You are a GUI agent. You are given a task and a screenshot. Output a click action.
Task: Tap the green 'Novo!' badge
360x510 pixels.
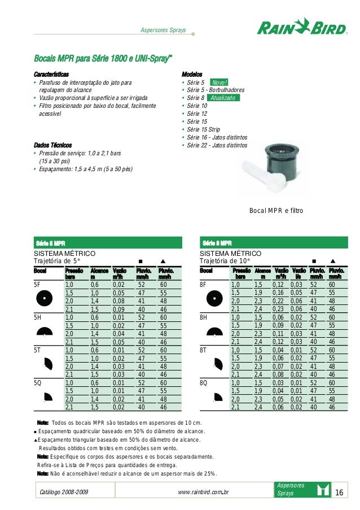tap(220, 82)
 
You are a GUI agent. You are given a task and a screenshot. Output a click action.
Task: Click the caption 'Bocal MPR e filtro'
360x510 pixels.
tap(276, 210)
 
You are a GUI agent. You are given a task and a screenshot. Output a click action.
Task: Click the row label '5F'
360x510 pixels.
tap(37, 285)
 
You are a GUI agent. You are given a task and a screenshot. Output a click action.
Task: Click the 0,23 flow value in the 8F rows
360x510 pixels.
tap(279, 310)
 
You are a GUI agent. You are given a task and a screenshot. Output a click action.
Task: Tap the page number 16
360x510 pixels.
tap(339, 492)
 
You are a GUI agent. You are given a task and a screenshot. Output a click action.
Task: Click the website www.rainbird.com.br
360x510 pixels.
tap(203, 492)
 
